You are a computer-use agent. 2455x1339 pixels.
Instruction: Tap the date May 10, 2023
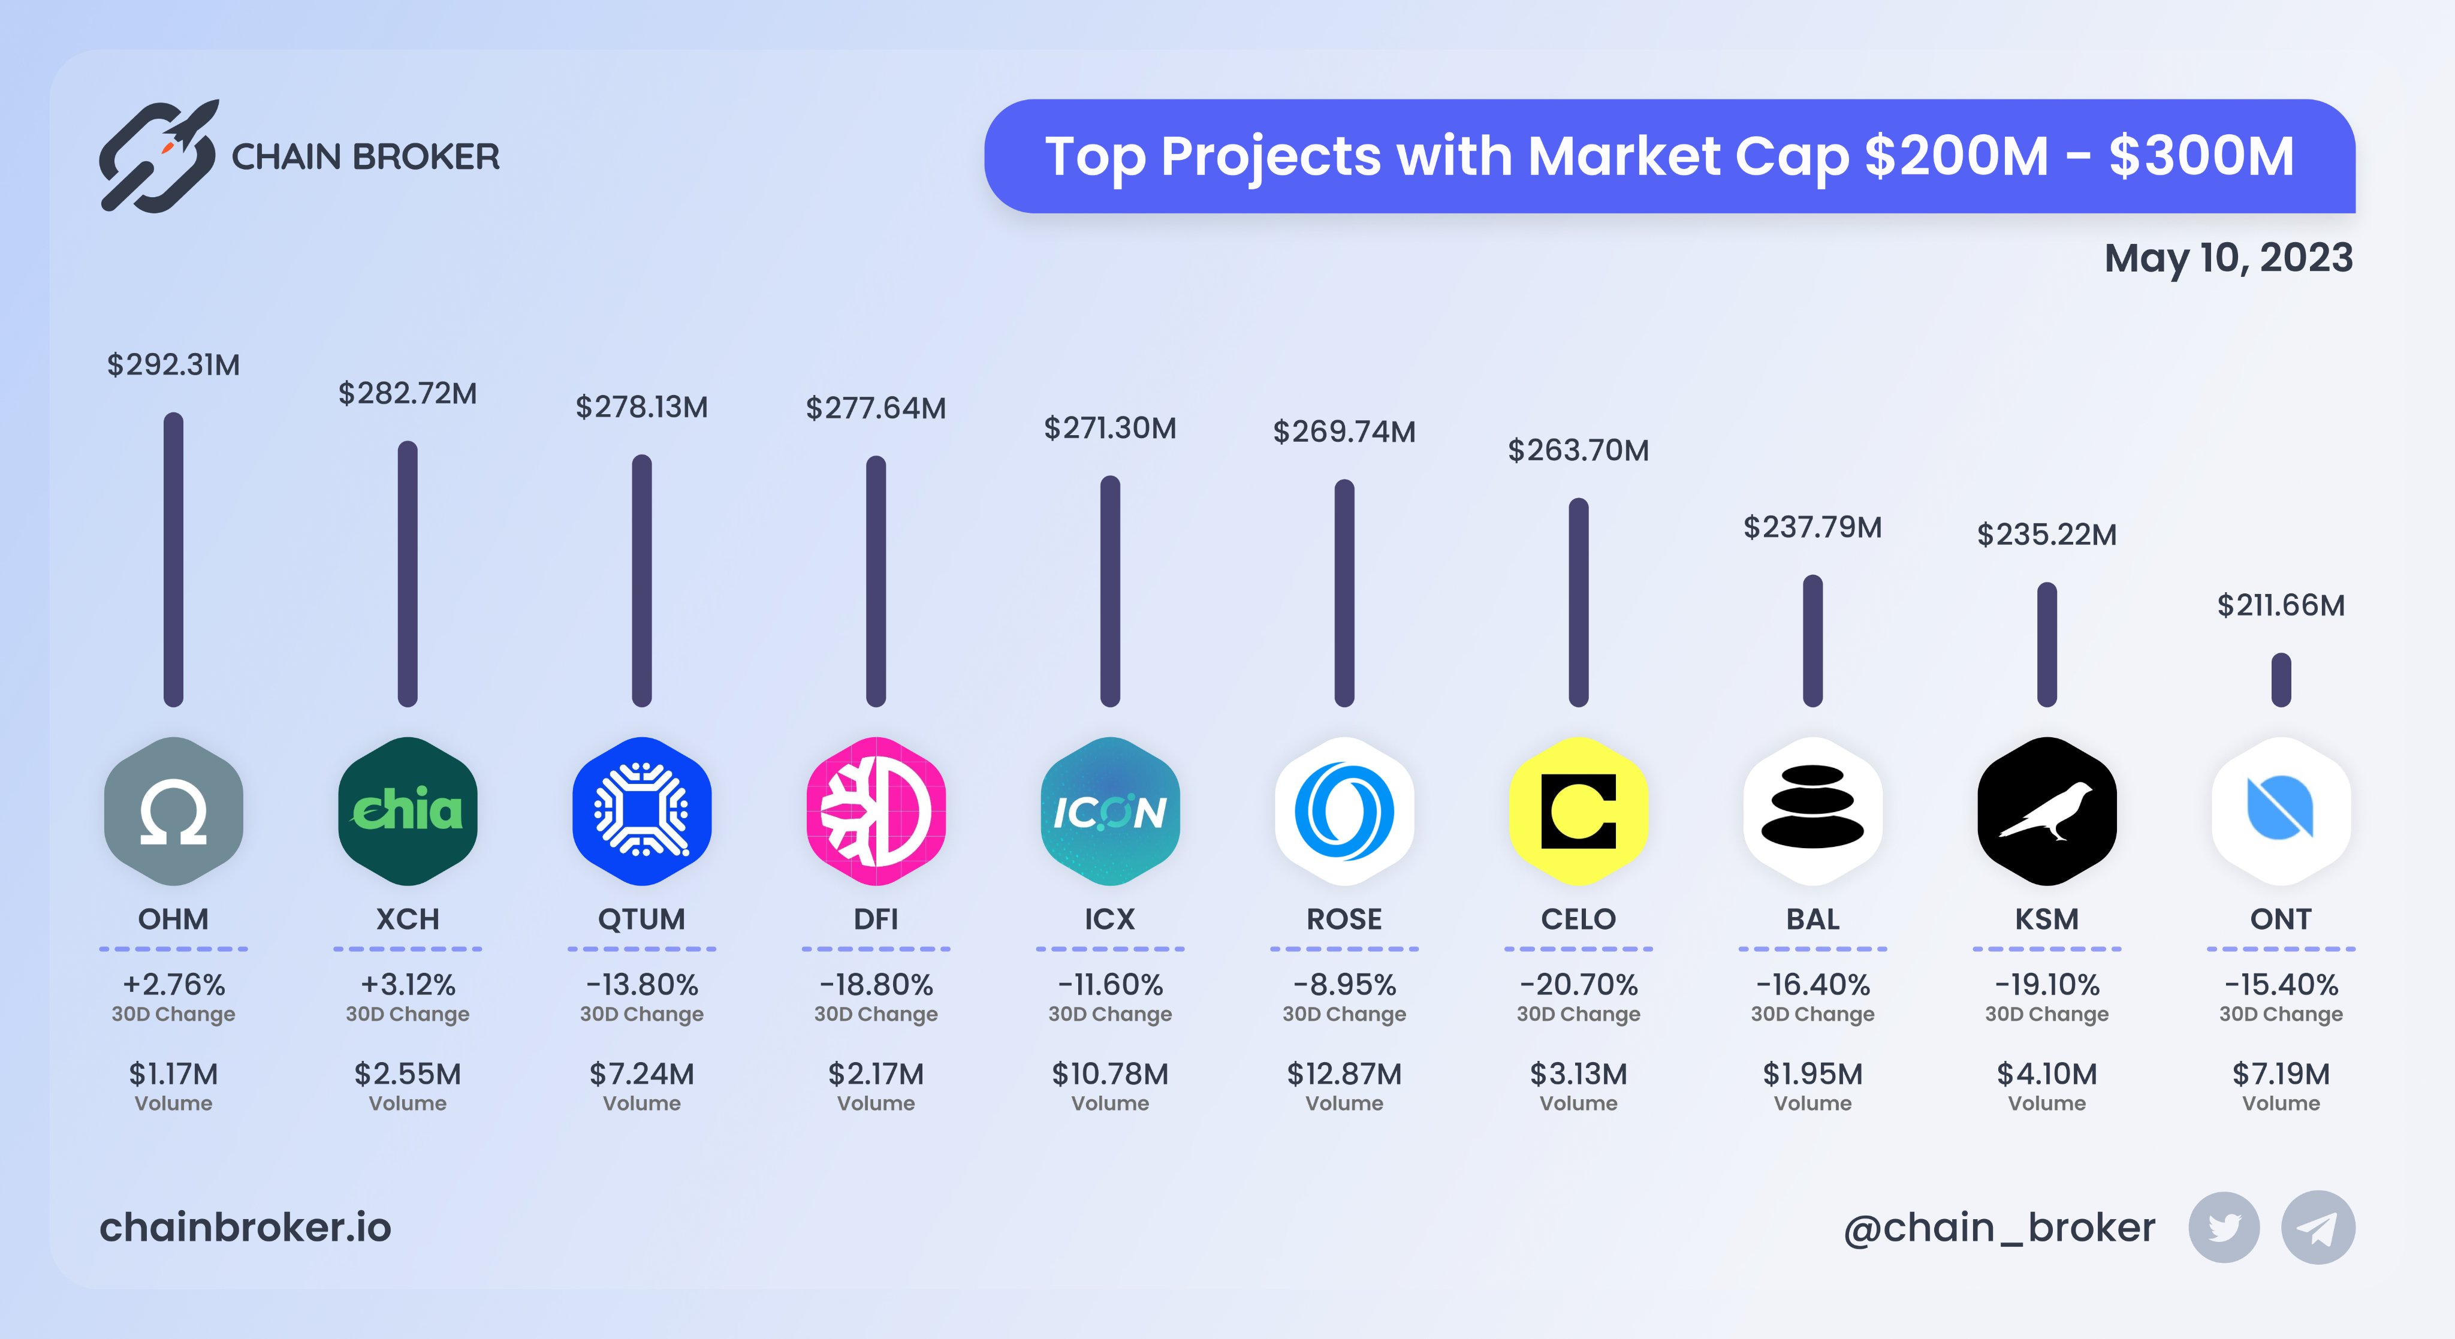click(2228, 258)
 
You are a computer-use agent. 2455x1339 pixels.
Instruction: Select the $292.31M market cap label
click(173, 365)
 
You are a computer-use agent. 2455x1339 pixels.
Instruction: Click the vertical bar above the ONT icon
click(2281, 680)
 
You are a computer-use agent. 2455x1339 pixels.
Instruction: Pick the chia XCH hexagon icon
click(408, 811)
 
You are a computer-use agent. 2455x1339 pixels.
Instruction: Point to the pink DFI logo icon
click(876, 811)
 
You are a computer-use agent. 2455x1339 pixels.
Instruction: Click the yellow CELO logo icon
click(1578, 811)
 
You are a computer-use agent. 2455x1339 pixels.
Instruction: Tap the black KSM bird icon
click(2047, 811)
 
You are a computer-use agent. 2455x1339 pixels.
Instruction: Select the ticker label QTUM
click(641, 919)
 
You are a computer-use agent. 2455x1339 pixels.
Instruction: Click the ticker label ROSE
click(1344, 919)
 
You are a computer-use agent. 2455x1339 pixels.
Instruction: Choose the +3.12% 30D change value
click(408, 984)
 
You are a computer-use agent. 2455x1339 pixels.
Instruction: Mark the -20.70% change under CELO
click(1578, 984)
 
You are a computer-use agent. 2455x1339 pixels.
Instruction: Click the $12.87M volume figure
click(1344, 1074)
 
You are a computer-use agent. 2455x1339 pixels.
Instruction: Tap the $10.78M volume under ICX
click(1110, 1074)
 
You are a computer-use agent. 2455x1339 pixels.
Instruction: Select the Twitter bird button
click(2224, 1228)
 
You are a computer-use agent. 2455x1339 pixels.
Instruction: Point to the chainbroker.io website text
click(246, 1228)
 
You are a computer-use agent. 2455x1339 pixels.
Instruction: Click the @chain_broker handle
click(1999, 1228)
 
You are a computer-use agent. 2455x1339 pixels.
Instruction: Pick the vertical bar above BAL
click(1812, 641)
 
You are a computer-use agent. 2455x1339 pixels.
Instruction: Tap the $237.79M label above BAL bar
click(1812, 527)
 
